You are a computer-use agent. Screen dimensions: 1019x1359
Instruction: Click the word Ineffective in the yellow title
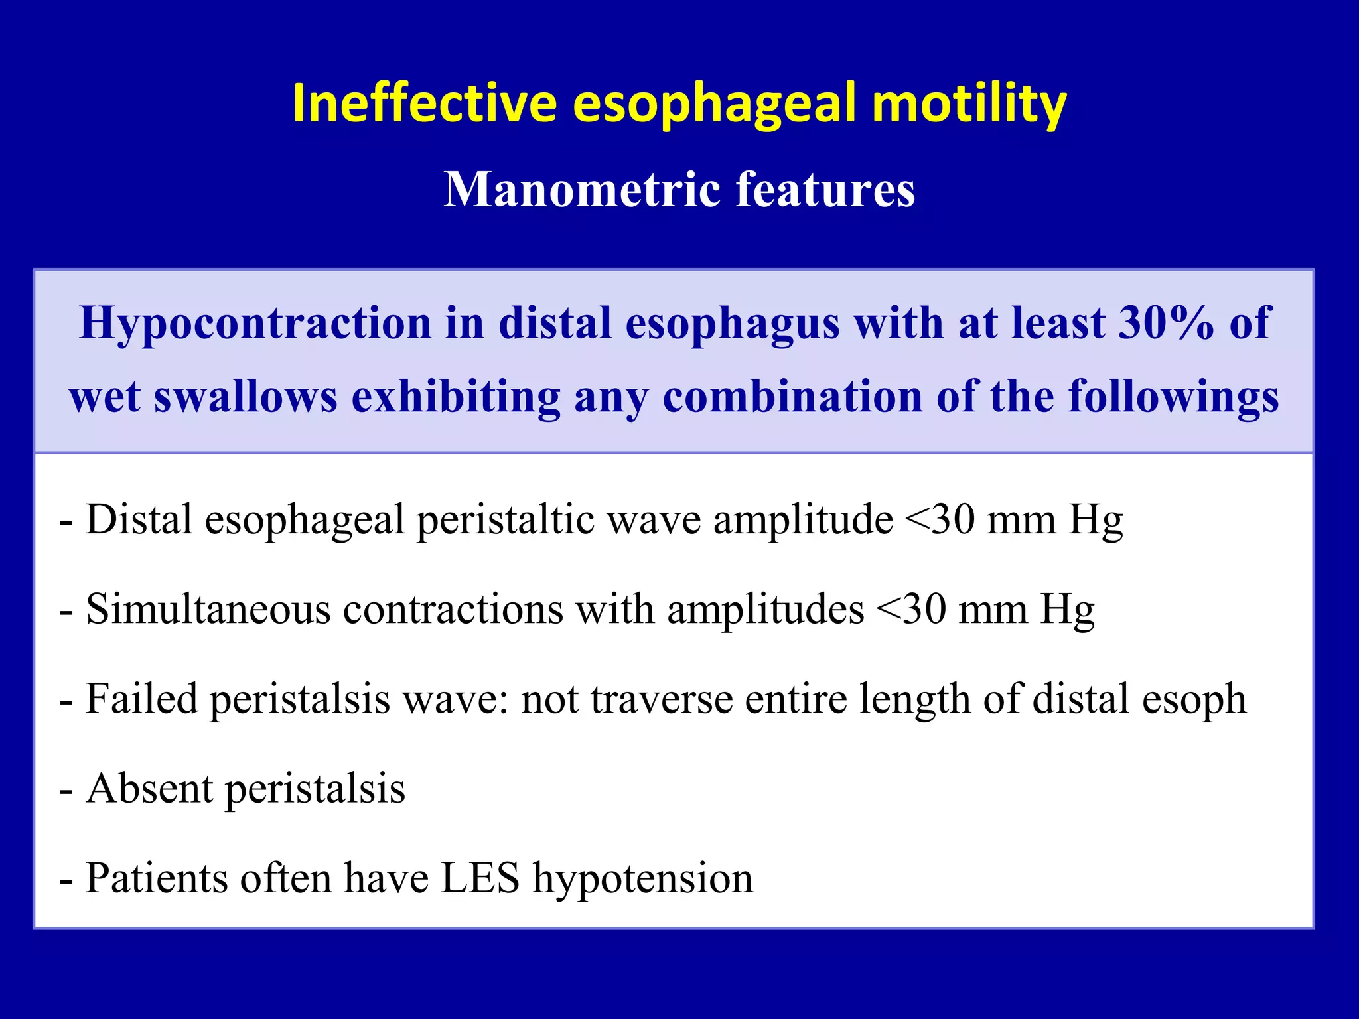(424, 103)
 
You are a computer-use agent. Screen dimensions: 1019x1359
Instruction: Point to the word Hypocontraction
(255, 323)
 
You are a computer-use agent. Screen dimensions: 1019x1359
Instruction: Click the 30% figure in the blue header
(1167, 323)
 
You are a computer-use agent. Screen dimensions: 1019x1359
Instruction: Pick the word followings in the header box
(1173, 396)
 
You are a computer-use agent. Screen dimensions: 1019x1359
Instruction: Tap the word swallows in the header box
(246, 396)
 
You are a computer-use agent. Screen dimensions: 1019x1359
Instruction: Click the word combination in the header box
(793, 396)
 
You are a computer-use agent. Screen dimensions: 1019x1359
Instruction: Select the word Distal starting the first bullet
(139, 519)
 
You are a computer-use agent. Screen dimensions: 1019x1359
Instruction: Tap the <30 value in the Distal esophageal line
(940, 519)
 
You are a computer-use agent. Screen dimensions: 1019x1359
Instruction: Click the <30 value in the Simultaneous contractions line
(911, 609)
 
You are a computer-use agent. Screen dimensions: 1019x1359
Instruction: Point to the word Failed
(142, 699)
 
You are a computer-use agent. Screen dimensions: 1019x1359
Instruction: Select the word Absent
(150, 789)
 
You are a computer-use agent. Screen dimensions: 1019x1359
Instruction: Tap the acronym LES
(480, 878)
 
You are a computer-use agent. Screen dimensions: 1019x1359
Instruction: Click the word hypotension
(643, 878)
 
